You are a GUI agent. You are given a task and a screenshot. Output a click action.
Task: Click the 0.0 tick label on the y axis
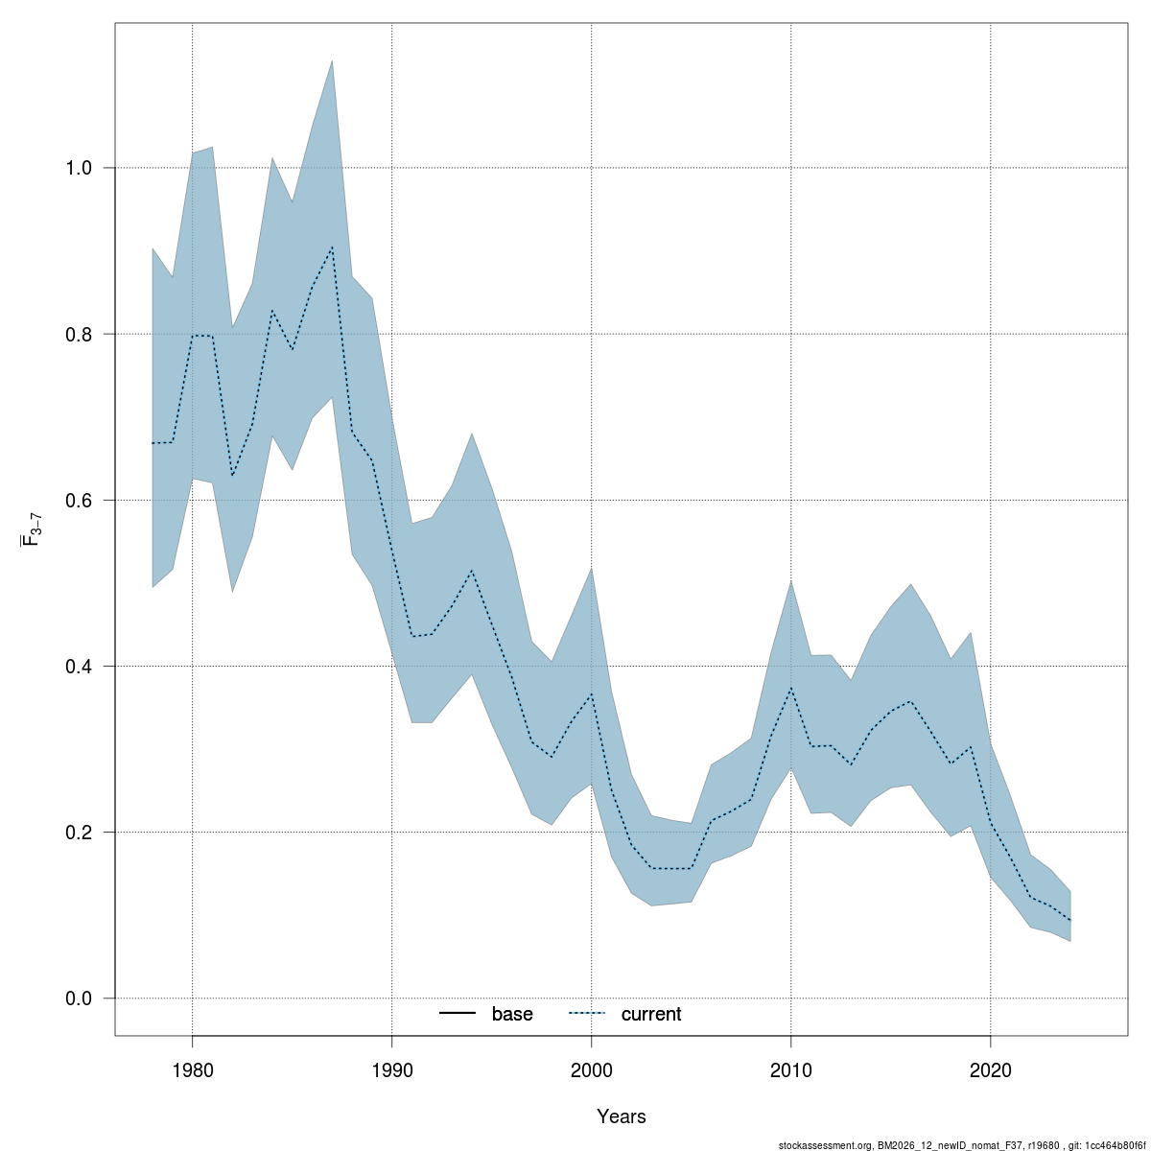[78, 998]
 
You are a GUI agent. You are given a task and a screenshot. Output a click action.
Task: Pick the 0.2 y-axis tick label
[78, 833]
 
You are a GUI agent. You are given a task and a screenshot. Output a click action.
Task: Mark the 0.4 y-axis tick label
[78, 667]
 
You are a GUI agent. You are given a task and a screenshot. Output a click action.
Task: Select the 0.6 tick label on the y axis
[78, 501]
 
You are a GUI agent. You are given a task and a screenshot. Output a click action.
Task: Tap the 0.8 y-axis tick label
[78, 335]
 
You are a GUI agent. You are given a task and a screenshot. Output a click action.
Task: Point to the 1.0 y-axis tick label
[78, 169]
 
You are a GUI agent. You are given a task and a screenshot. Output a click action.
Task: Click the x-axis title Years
[621, 1116]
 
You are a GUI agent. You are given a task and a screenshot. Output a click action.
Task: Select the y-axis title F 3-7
[30, 529]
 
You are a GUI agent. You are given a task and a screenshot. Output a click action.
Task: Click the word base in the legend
[512, 1014]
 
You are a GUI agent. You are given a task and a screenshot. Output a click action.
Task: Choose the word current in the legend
[651, 1014]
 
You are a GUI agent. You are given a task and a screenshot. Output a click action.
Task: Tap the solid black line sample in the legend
[458, 1014]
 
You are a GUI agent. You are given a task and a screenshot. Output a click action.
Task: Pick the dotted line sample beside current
[588, 1014]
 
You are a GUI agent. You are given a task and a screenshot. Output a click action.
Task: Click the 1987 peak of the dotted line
[332, 247]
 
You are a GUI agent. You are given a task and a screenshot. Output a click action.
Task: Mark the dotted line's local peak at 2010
[790, 689]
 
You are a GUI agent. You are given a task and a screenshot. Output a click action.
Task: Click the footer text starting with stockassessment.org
[962, 1144]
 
